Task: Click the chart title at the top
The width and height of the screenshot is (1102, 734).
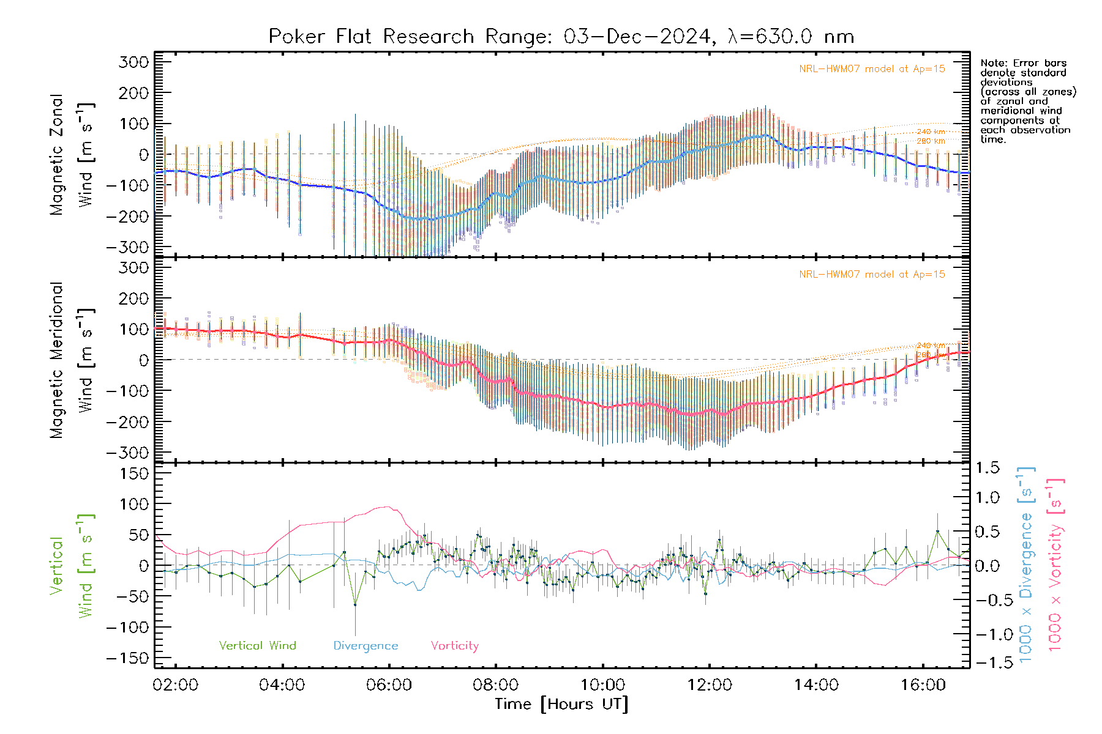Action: pos(561,37)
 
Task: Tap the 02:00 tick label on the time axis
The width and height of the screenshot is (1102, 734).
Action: pos(176,684)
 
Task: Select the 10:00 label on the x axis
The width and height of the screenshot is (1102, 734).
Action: pos(602,684)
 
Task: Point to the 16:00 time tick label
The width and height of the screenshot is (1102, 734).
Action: pos(923,684)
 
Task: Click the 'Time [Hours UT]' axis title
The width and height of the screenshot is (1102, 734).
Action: pos(561,704)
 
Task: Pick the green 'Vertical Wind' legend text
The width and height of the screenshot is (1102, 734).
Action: pos(257,645)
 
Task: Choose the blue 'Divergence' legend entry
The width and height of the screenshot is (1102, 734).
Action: pos(365,646)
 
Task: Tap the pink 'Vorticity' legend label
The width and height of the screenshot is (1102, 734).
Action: pos(454,645)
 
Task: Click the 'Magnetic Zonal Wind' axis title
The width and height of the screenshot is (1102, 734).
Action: pos(72,154)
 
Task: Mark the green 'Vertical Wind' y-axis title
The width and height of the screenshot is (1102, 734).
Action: pos(72,565)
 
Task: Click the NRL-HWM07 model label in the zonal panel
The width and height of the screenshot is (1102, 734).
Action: pos(872,69)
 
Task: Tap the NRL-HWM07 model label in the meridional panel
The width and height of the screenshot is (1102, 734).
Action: pos(872,274)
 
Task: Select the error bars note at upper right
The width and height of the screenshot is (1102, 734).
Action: pos(1027,101)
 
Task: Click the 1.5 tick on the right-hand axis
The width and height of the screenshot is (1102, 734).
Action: pos(987,468)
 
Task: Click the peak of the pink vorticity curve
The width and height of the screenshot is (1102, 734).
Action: pos(386,506)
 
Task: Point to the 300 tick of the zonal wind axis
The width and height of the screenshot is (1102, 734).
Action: pos(133,62)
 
